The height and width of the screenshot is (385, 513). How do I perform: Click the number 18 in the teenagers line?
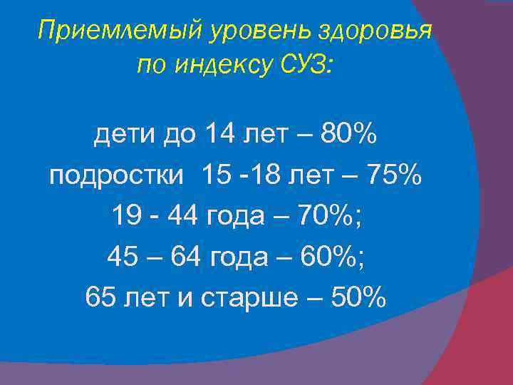pos(269,174)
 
